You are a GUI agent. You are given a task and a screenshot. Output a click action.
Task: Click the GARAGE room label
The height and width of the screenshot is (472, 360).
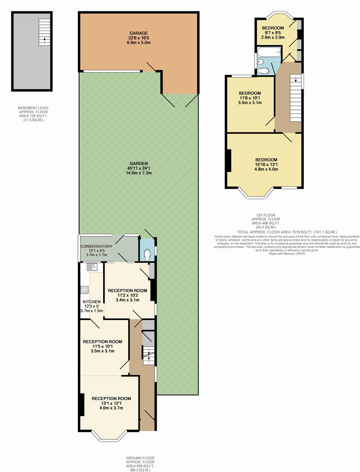tap(139, 33)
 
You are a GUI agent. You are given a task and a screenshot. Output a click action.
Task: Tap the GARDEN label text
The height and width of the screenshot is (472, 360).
tap(139, 164)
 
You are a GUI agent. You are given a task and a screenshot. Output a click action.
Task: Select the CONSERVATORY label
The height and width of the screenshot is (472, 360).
tap(96, 246)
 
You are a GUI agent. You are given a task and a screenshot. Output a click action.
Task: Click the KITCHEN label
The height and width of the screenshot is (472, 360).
tap(91, 302)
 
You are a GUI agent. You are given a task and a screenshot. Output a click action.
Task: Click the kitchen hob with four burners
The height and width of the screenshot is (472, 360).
tap(85, 290)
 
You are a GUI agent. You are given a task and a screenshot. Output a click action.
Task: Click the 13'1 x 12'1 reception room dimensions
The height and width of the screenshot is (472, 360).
tap(111, 403)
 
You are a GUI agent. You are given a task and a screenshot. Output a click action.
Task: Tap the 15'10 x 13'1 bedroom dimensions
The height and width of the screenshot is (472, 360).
tap(266, 164)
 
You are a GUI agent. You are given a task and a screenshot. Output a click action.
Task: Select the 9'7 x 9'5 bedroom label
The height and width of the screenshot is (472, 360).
tap(273, 28)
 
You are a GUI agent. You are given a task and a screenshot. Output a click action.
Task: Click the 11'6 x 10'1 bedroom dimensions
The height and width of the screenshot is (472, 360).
tap(250, 98)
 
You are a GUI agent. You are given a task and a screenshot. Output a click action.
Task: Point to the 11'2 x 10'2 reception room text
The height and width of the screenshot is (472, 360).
tap(127, 295)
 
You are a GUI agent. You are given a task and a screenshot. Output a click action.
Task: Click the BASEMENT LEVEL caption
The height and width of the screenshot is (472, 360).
tap(33, 108)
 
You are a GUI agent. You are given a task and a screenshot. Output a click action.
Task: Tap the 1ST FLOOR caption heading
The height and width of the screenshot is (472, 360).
tap(266, 215)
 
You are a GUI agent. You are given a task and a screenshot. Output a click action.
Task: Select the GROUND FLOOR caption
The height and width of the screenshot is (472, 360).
tap(140, 458)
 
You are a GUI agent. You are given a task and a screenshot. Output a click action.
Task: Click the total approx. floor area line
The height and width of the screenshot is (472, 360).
tap(287, 232)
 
